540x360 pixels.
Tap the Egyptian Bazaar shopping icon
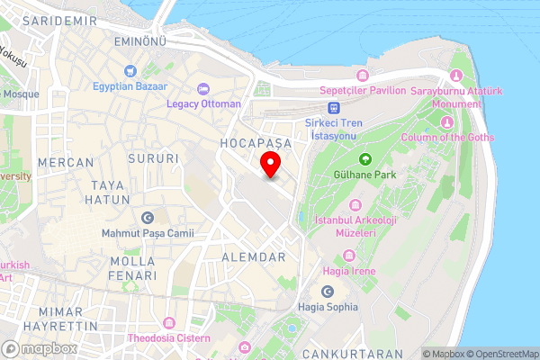coord(130,71)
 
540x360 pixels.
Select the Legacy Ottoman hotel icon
coord(203,88)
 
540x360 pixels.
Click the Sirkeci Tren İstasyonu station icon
coord(333,108)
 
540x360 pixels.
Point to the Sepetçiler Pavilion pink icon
coord(363,75)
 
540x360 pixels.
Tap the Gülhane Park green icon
coord(364,158)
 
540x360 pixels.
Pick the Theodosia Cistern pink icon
coord(167,322)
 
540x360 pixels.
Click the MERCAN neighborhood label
coord(67,163)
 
